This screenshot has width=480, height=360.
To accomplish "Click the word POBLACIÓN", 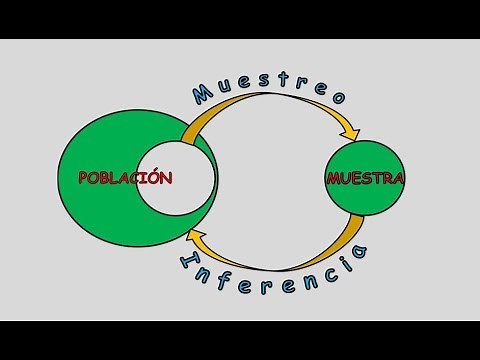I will pyautogui.click(x=126, y=178).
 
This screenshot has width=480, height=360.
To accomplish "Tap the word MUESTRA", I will pyautogui.click(x=365, y=180).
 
